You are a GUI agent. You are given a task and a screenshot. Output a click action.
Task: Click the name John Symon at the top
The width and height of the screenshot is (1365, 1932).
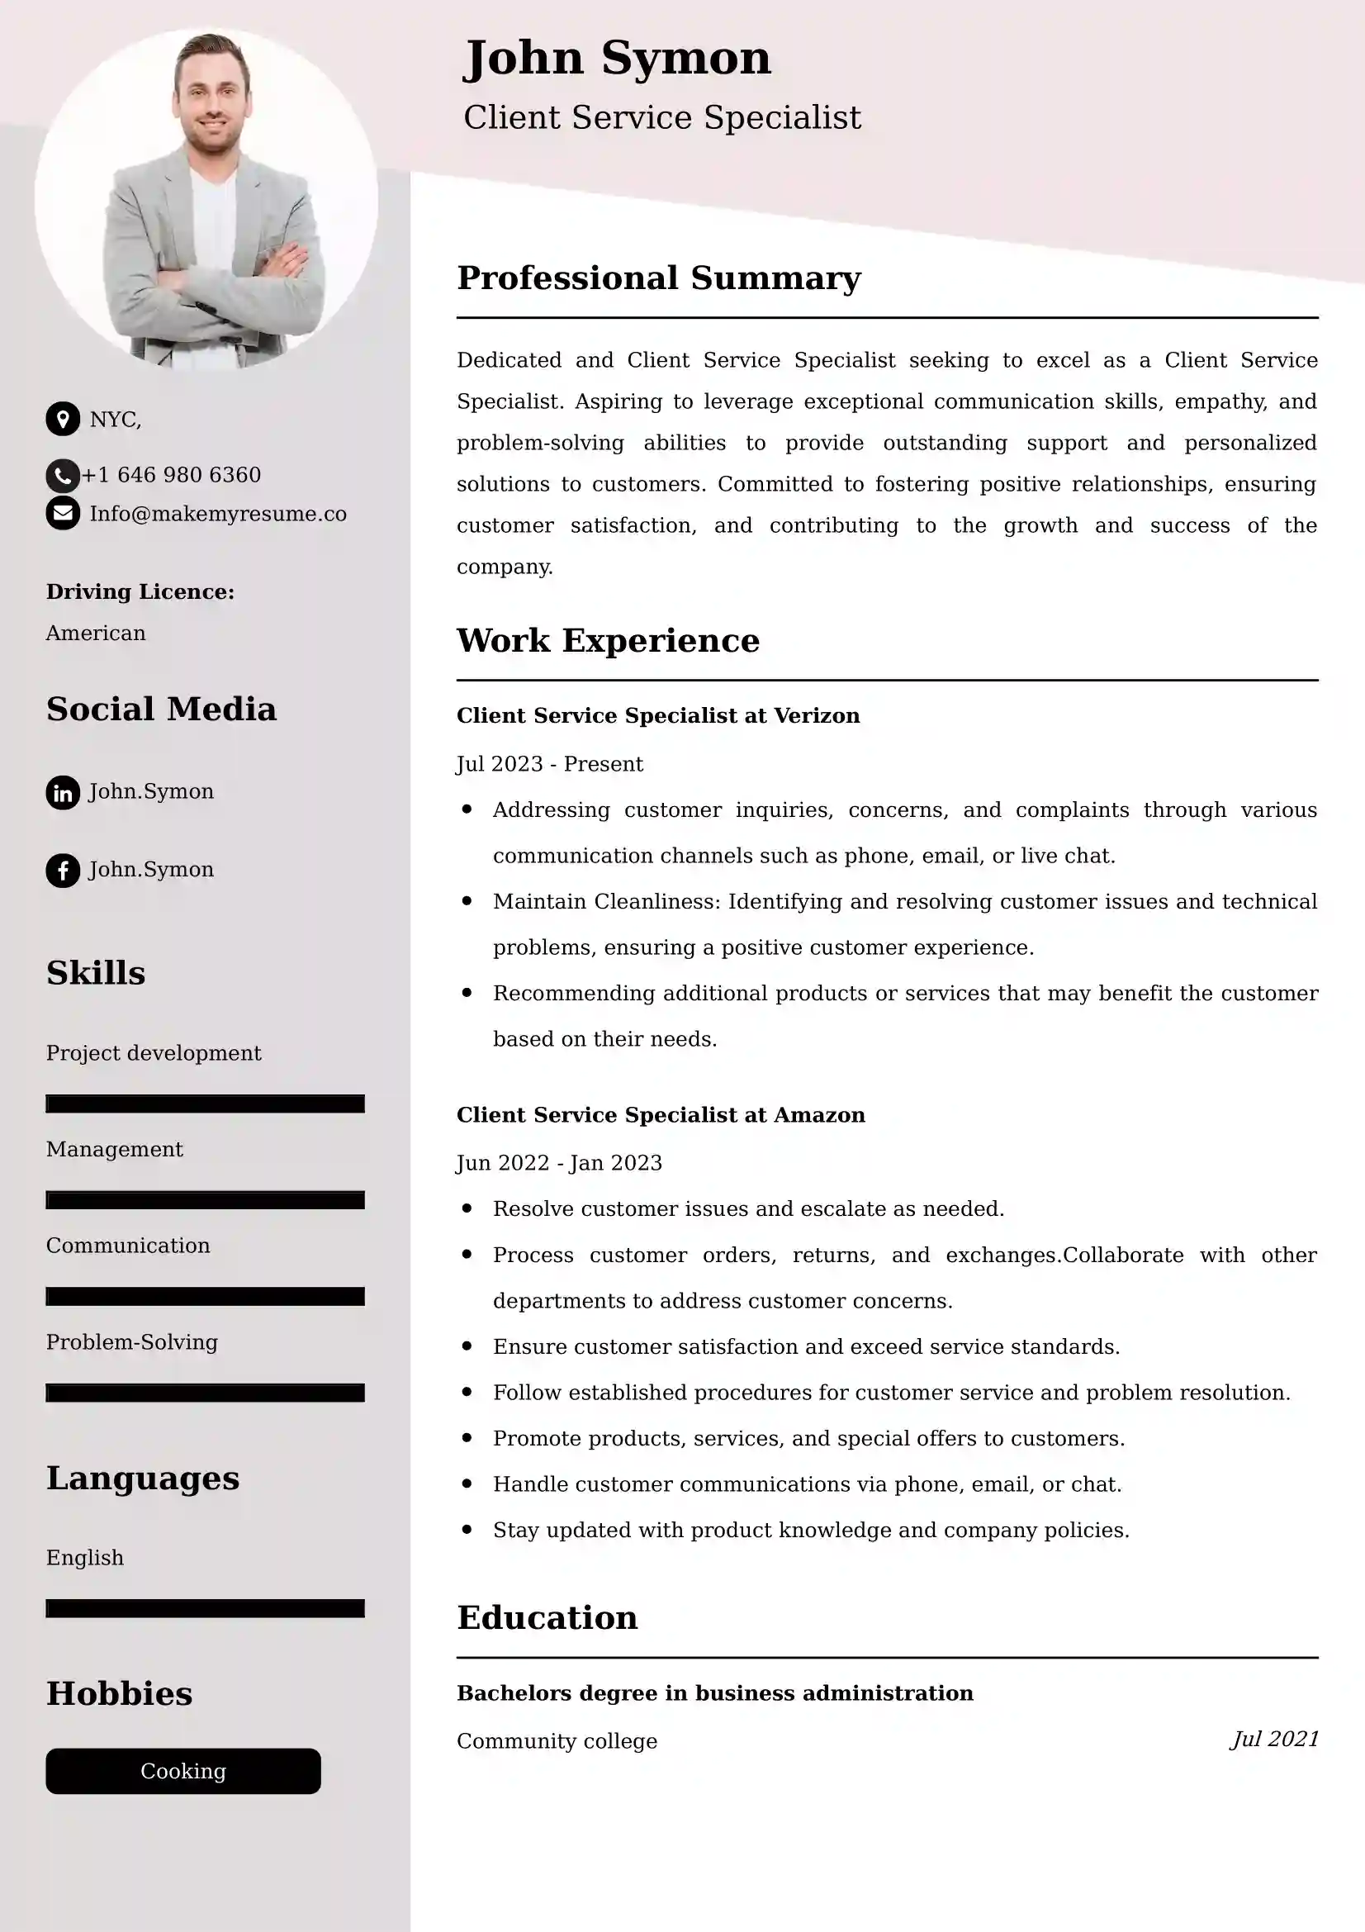617,59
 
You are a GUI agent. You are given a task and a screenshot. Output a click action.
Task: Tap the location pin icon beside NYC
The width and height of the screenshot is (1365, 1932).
62,418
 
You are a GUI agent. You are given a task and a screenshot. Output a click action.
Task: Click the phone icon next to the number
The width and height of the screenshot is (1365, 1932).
61,476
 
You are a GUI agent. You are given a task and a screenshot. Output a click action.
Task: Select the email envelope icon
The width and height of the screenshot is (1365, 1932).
62,513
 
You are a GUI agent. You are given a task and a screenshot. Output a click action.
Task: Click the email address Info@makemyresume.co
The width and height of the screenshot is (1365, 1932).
218,514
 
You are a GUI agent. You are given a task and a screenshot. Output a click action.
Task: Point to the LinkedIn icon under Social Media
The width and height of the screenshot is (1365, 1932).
62,792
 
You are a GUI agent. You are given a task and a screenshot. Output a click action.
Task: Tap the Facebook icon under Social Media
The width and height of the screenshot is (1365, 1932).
62,870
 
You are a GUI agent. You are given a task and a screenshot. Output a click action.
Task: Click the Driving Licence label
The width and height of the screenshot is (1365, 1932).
140,591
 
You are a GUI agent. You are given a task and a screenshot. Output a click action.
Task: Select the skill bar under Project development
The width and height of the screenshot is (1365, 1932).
204,1104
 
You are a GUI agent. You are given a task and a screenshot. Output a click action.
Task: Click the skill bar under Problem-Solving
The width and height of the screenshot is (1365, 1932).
204,1393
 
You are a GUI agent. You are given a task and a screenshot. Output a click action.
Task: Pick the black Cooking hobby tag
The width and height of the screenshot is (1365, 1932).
182,1770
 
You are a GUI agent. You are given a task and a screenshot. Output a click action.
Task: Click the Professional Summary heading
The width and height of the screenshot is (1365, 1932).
658,278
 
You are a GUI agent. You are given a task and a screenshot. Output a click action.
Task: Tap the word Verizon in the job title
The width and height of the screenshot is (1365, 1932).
816,715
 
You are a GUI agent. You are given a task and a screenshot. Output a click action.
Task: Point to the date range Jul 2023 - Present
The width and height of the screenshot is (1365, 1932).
549,764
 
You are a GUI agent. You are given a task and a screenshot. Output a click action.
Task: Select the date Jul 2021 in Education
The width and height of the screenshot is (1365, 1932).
1274,1739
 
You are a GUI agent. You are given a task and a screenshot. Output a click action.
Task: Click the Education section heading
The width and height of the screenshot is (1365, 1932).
547,1617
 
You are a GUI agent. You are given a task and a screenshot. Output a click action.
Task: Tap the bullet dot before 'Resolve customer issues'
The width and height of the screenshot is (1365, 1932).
467,1208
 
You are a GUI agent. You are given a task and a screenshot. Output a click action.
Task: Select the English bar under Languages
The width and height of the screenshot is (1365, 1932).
204,1608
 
